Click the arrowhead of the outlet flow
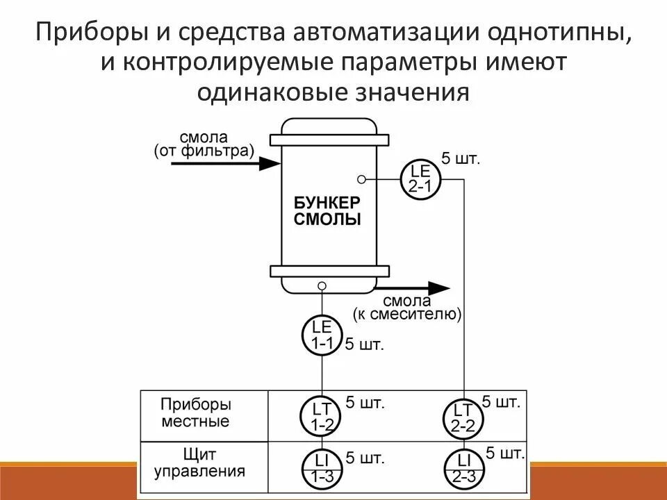tap(438, 287)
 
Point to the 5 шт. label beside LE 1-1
tap(365, 344)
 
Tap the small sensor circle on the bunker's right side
tap(361, 178)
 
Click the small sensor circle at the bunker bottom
tap(322, 285)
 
